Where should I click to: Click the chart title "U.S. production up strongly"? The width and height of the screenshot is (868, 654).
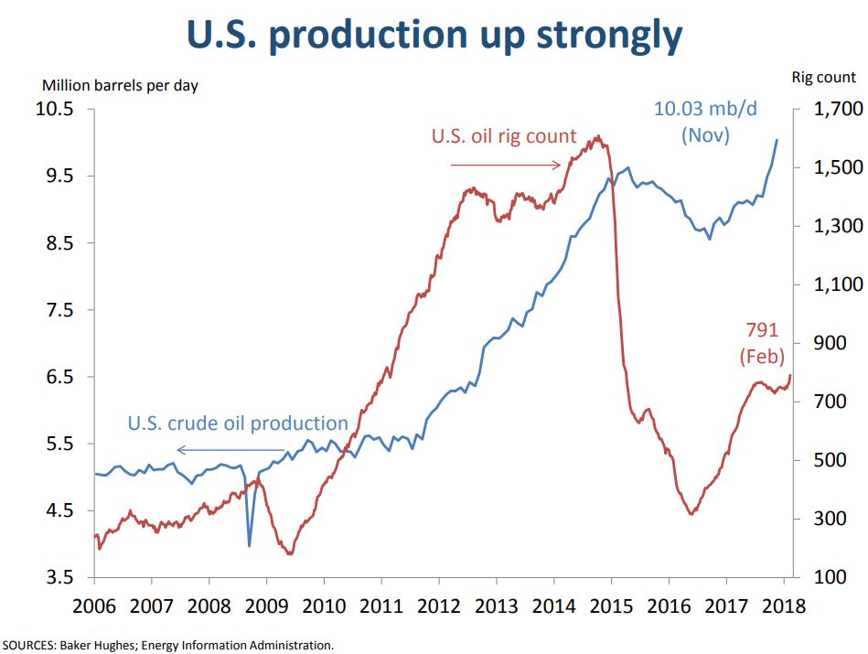(x=434, y=35)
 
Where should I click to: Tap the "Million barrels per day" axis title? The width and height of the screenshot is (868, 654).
(x=120, y=85)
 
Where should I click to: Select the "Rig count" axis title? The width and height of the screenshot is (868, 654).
(x=823, y=79)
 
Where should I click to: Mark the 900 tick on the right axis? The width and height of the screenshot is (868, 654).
(x=825, y=343)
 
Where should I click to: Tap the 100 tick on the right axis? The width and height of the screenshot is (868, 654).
(x=825, y=577)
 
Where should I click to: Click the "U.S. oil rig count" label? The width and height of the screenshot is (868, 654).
(x=504, y=136)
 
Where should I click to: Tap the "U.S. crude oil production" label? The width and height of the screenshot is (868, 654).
(x=238, y=423)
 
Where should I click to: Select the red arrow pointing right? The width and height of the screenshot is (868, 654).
(x=506, y=166)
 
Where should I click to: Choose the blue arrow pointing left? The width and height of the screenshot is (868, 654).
(x=231, y=450)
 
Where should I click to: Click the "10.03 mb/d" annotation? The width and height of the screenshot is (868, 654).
(x=705, y=109)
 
